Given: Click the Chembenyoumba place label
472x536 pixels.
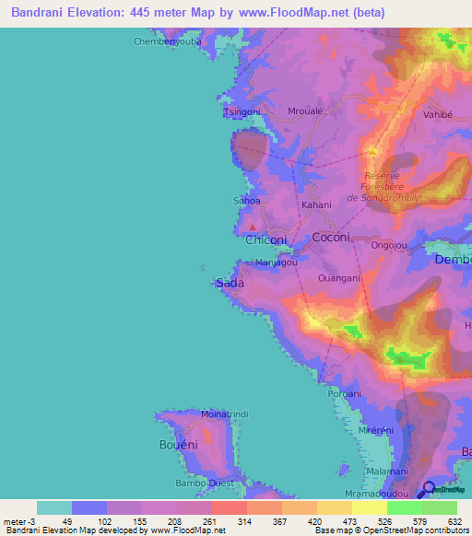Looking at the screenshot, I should [167, 41].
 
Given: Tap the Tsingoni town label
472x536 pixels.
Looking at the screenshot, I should [243, 111].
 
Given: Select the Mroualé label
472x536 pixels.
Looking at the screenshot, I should [305, 111].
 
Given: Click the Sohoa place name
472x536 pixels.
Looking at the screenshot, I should [246, 200].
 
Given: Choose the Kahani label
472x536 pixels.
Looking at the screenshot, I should [316, 204].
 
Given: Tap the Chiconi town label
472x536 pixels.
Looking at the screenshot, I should [266, 239].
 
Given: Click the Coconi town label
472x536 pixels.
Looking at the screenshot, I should [332, 237].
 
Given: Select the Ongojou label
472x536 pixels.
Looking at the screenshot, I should [388, 246].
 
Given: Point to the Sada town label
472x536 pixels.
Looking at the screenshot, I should [230, 284].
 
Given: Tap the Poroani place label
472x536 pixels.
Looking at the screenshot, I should [344, 393].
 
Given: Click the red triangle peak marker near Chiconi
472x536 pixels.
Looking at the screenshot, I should [253, 224].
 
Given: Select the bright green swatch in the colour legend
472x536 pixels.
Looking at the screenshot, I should [405, 507].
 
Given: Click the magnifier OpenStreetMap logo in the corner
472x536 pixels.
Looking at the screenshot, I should [428, 489].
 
